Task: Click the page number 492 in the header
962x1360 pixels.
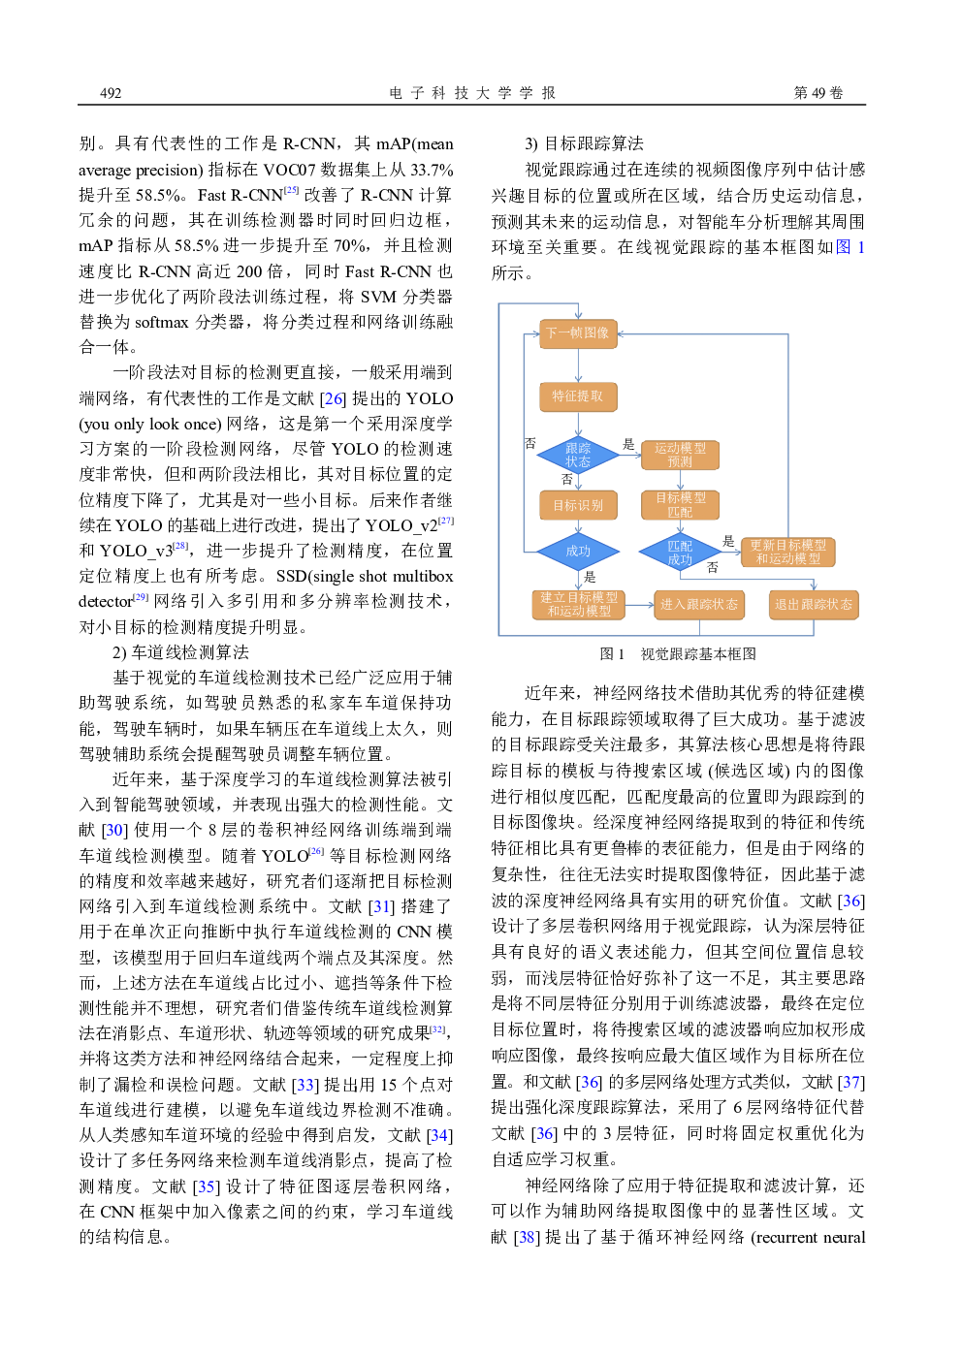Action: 111,93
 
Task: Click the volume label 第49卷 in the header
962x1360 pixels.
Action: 818,93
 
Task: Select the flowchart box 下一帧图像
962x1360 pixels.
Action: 578,333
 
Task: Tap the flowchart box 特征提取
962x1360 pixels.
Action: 578,396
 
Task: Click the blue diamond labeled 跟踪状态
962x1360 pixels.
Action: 578,455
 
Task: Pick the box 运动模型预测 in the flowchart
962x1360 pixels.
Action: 680,455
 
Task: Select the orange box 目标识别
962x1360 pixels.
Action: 578,505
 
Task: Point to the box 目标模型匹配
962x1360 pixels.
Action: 680,504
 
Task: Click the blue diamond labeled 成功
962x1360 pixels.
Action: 578,551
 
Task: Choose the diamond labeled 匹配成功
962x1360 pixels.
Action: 680,553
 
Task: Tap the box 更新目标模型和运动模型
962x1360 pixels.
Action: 787,553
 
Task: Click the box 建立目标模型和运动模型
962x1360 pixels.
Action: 579,604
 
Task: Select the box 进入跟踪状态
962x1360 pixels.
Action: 698,604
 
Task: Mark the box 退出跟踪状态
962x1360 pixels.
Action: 813,604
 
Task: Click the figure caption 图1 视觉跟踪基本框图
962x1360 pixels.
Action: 678,654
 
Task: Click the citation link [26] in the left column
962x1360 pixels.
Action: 333,398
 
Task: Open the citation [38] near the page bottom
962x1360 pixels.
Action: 527,1237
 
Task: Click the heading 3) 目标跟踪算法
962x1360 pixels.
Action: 584,143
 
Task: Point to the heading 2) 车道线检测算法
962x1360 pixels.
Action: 180,652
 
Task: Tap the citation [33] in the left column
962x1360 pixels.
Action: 305,1085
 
